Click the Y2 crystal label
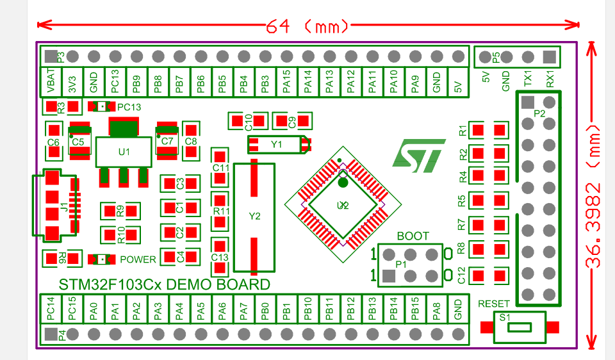tap(254, 217)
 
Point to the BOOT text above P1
tap(413, 236)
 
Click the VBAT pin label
tap(51, 82)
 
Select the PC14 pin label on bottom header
tap(51, 311)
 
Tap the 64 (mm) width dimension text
tap(307, 26)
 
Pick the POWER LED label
tap(138, 259)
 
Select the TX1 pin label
tap(528, 79)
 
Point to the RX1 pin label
tap(550, 79)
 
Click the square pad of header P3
tap(51, 56)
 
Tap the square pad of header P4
tap(51, 334)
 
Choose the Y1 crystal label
tap(276, 145)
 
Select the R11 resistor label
tap(220, 211)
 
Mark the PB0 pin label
tap(265, 311)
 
